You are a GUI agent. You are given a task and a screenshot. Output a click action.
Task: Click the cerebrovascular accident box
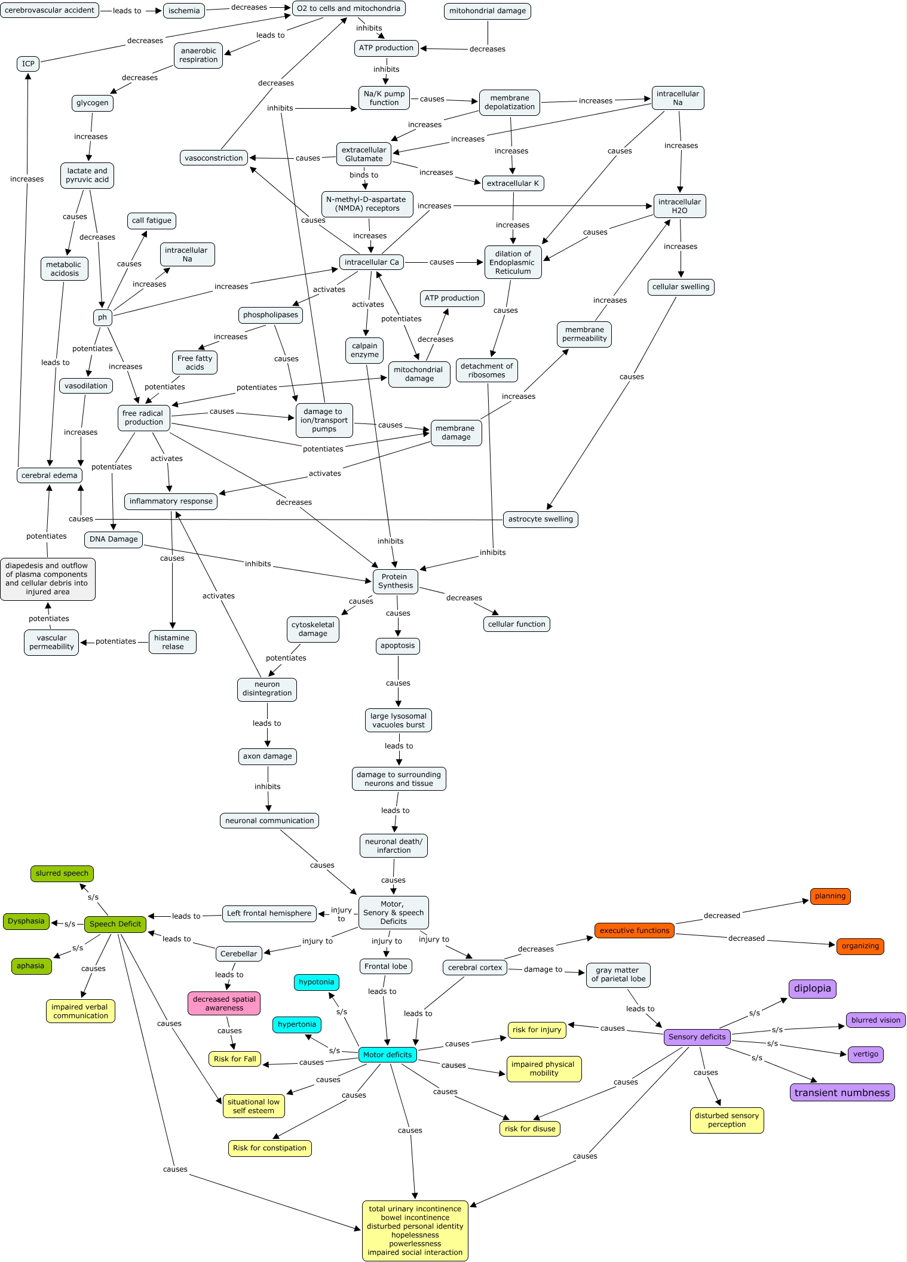(x=50, y=10)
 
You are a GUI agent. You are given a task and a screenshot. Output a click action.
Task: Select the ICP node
(x=28, y=64)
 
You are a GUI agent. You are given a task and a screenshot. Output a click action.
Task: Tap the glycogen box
(x=93, y=103)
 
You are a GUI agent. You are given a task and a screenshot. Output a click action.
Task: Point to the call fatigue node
(x=152, y=220)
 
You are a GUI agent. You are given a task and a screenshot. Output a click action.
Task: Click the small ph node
(x=103, y=317)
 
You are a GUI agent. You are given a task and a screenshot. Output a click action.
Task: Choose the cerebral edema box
(x=50, y=475)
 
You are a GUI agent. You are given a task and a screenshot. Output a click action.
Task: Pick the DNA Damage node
(x=114, y=539)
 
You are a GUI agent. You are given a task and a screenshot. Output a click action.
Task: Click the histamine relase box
(x=172, y=642)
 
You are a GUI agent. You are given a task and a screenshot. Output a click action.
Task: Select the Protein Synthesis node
(x=395, y=581)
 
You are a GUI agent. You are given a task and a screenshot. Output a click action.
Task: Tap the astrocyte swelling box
(x=540, y=519)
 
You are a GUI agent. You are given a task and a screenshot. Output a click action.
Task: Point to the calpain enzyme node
(x=364, y=350)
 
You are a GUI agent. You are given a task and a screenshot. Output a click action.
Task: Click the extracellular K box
(x=513, y=183)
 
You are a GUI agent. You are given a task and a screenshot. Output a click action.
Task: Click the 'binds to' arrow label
(x=364, y=175)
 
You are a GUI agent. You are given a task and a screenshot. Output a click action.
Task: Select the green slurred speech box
(x=62, y=873)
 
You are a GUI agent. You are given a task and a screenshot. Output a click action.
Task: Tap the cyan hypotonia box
(x=317, y=982)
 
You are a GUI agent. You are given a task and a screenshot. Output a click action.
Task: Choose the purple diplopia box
(x=812, y=988)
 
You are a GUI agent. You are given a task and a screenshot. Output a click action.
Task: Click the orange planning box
(x=830, y=896)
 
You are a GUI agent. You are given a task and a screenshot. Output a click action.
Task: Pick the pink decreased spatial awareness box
(x=224, y=1003)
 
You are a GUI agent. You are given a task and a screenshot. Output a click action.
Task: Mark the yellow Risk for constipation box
(x=269, y=1148)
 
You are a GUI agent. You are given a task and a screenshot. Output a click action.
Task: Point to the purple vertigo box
(x=865, y=1054)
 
